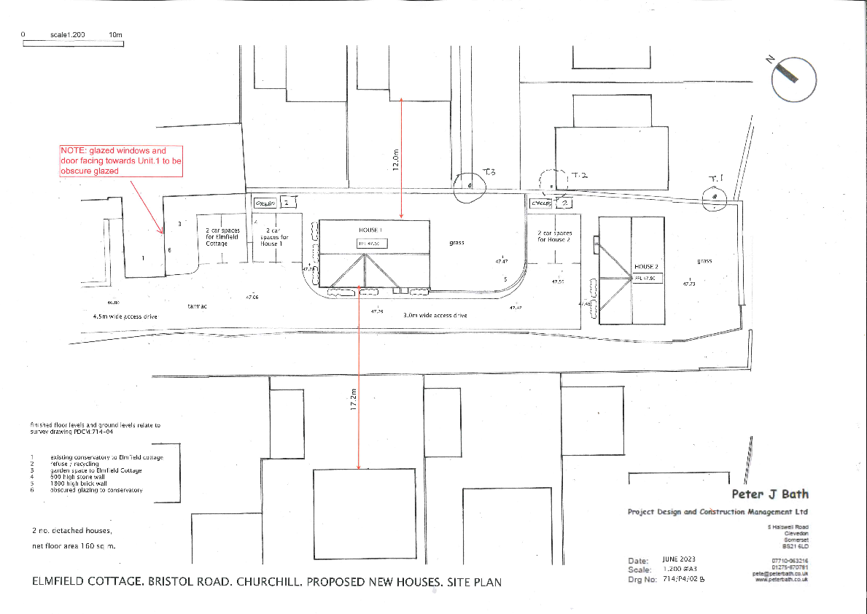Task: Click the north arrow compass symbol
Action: pos(793,79)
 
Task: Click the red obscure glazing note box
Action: pos(120,160)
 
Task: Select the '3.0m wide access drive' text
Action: pos(435,316)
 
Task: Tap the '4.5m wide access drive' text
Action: pos(125,317)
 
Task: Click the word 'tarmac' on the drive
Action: pos(197,307)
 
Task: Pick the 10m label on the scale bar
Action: pos(115,35)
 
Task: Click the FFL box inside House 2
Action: pos(647,279)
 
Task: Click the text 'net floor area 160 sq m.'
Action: pos(74,545)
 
